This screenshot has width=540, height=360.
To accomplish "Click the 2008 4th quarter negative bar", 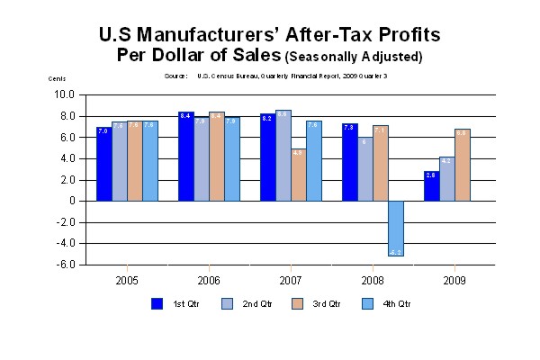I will point(396,229).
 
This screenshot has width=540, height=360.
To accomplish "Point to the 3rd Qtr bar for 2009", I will point(463,165).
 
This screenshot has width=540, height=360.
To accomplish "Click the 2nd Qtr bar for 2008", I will point(364,168).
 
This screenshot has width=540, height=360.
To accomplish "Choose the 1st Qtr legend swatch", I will point(157,303).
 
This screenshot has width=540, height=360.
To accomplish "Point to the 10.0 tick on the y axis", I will point(64,94).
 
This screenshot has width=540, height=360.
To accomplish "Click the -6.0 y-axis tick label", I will point(64,265).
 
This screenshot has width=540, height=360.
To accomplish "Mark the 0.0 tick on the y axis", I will point(67,202).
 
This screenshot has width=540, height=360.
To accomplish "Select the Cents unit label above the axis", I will point(58,79).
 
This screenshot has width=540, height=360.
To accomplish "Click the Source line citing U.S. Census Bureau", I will point(275,76).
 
